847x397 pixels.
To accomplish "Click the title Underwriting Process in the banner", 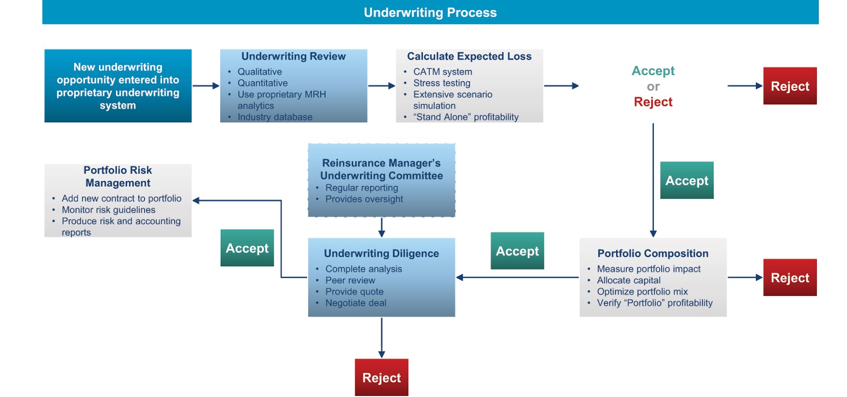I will pos(430,13).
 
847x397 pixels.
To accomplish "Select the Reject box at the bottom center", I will pos(381,377).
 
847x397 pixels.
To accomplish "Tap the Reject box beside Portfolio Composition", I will pos(789,277).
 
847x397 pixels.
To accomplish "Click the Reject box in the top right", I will pos(789,86).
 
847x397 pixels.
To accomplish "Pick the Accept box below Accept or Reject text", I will pos(687,181).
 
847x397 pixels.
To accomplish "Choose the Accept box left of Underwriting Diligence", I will pos(247,248).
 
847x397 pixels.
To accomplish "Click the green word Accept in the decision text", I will pos(653,71).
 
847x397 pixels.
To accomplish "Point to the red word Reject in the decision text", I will pos(653,102).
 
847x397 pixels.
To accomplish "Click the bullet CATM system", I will pos(442,71).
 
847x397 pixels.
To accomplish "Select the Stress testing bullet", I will pos(441,83).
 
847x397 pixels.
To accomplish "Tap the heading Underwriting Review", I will pos(293,56).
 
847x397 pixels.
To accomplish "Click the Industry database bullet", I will pos(275,117).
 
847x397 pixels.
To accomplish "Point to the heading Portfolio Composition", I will pos(653,254).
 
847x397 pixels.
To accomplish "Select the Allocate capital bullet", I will pos(628,280).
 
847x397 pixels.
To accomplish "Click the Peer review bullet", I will pos(350,280).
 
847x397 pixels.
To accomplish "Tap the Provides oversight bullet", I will pos(364,199).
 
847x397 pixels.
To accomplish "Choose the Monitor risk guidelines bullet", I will pos(109,210).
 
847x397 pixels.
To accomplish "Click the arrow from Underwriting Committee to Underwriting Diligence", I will pos(381,227).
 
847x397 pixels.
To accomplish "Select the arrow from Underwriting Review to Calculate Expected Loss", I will pos(381,86).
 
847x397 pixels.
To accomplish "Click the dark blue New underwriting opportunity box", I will pos(118,86).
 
